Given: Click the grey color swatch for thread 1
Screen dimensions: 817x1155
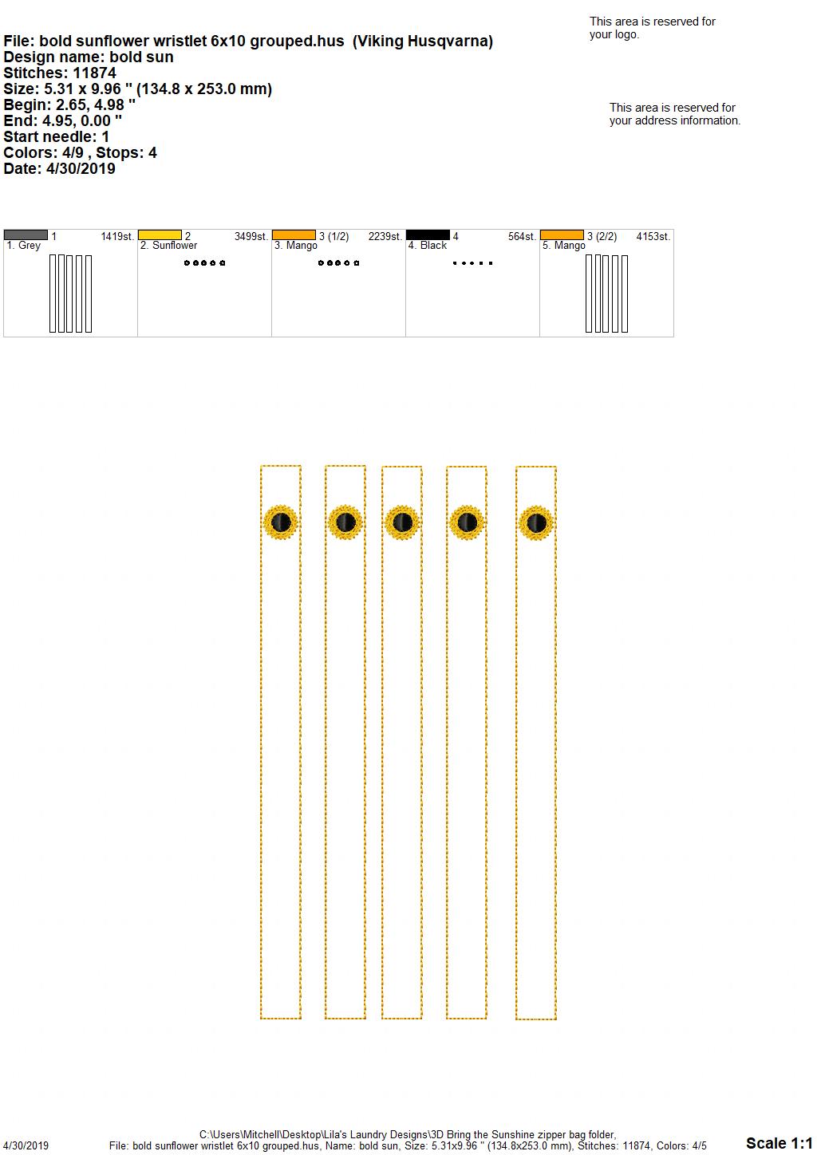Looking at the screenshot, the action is click(26, 235).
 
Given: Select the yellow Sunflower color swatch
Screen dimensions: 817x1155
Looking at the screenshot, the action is click(160, 235).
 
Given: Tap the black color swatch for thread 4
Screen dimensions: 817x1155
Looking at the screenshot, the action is click(428, 235).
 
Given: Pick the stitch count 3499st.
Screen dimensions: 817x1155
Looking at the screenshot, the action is click(251, 237).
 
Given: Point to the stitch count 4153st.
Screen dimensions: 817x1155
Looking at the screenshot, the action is click(653, 237).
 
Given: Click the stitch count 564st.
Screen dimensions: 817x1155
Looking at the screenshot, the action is click(522, 237).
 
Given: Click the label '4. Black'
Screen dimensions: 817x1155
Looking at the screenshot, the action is click(428, 246).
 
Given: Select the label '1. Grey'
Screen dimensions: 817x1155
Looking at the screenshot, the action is click(23, 246).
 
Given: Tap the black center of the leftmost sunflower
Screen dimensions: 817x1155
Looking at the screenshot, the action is click(281, 522).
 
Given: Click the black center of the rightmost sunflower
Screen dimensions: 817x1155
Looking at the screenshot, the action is click(536, 522).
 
